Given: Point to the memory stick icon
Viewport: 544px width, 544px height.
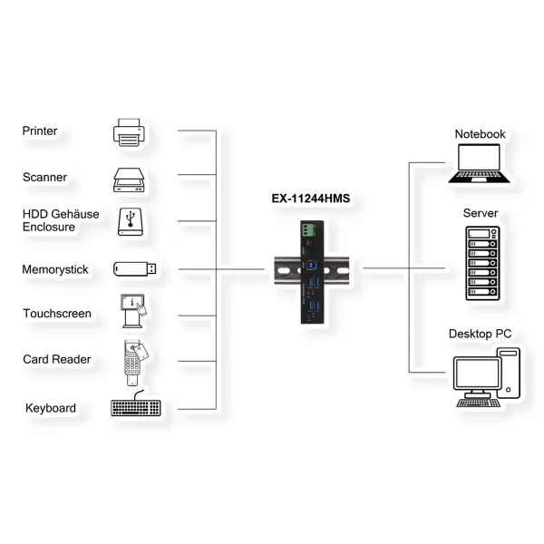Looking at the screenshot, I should (x=135, y=268).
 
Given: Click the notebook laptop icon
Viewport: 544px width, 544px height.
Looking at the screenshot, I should (x=479, y=166).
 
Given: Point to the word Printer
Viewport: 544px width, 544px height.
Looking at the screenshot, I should (x=40, y=131).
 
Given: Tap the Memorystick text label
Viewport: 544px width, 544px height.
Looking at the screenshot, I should (x=53, y=269).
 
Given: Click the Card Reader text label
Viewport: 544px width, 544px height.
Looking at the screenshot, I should (x=57, y=360).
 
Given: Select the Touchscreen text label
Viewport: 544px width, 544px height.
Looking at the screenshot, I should (x=57, y=314).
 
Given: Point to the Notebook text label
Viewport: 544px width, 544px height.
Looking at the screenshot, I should (x=481, y=134).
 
